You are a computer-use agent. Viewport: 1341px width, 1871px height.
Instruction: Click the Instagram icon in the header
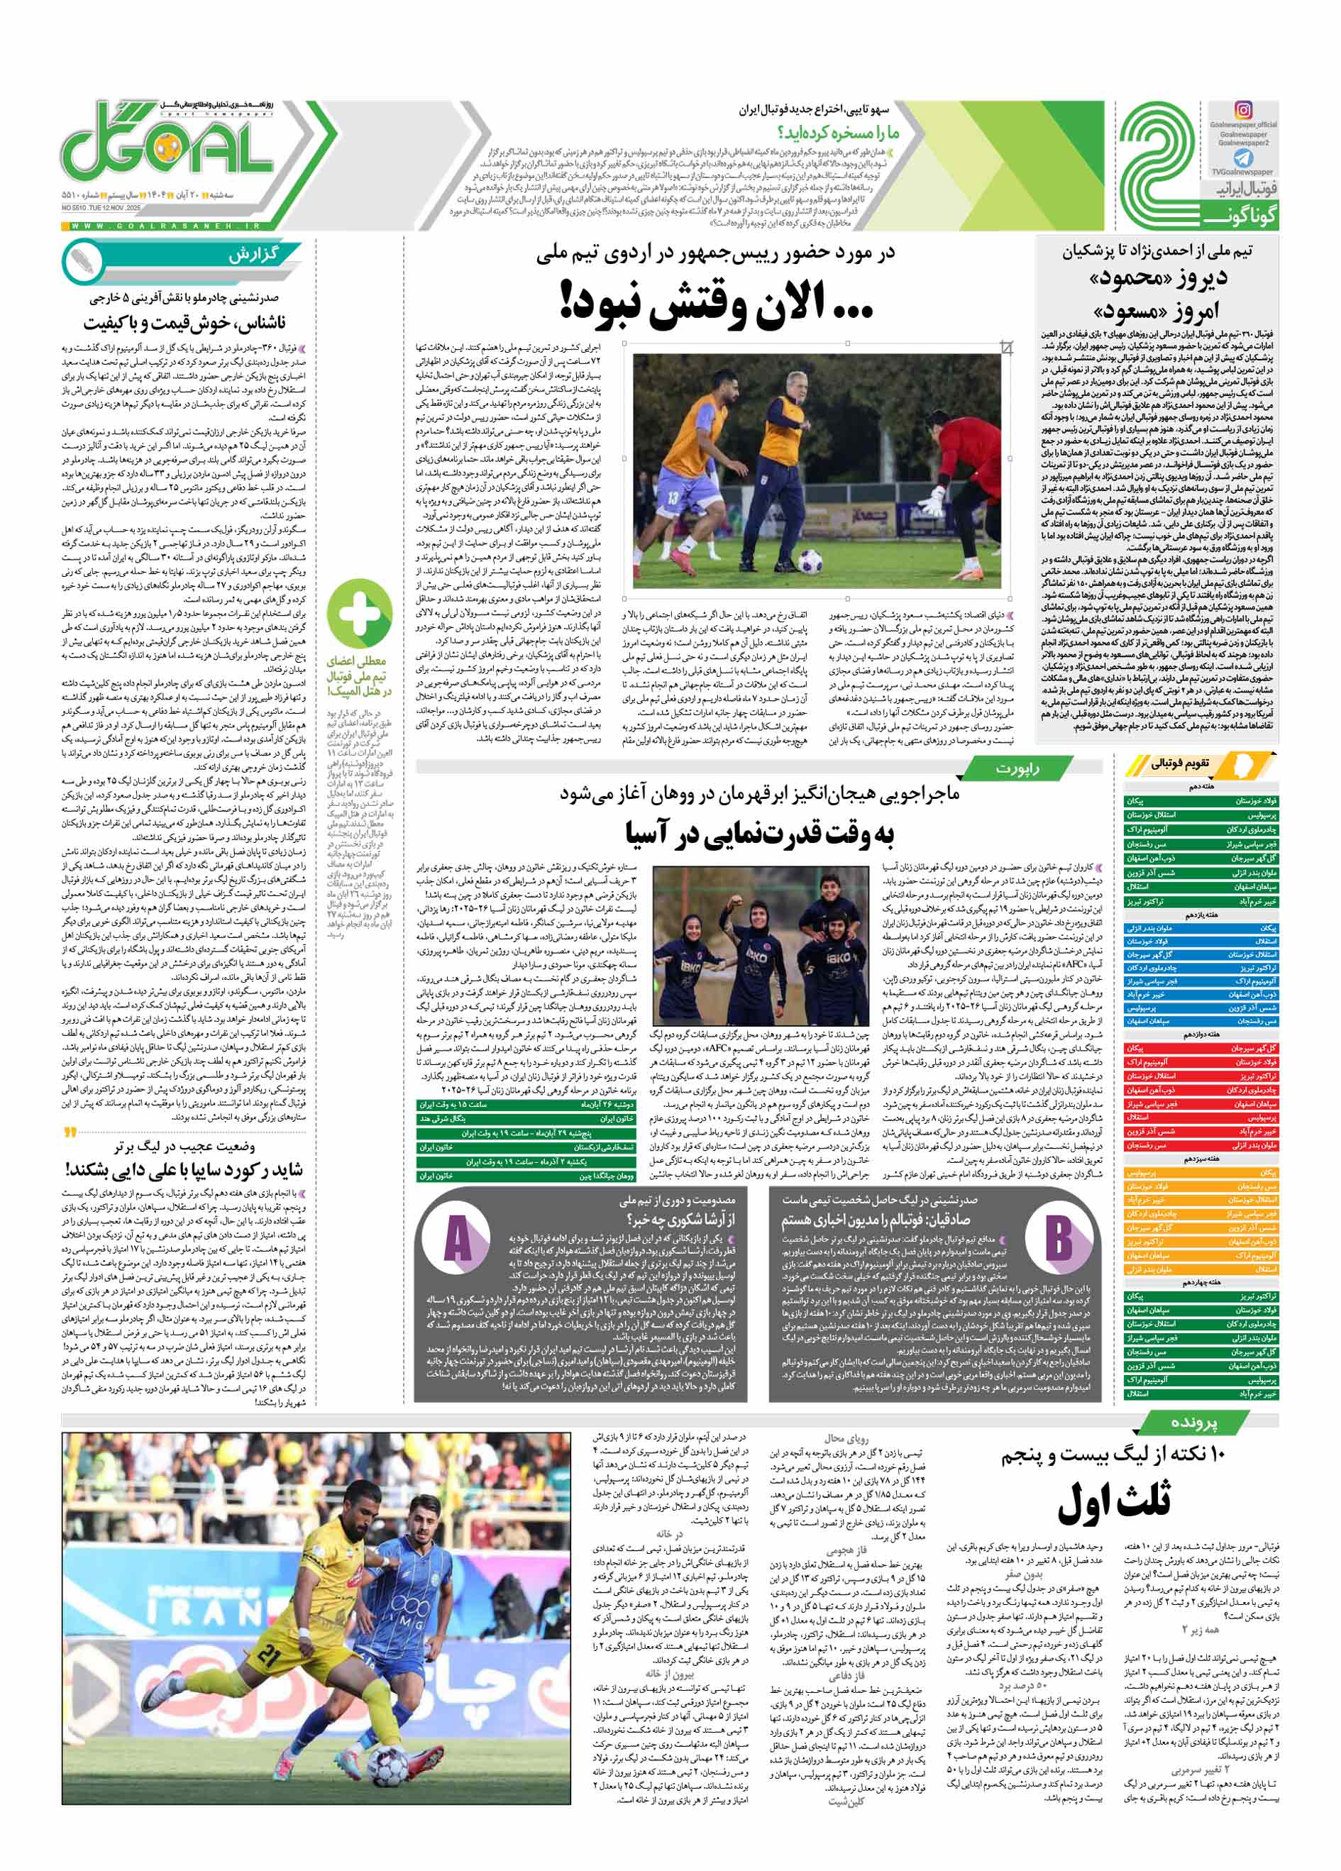1243,110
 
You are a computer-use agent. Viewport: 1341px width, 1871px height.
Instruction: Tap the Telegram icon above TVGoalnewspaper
1243,158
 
